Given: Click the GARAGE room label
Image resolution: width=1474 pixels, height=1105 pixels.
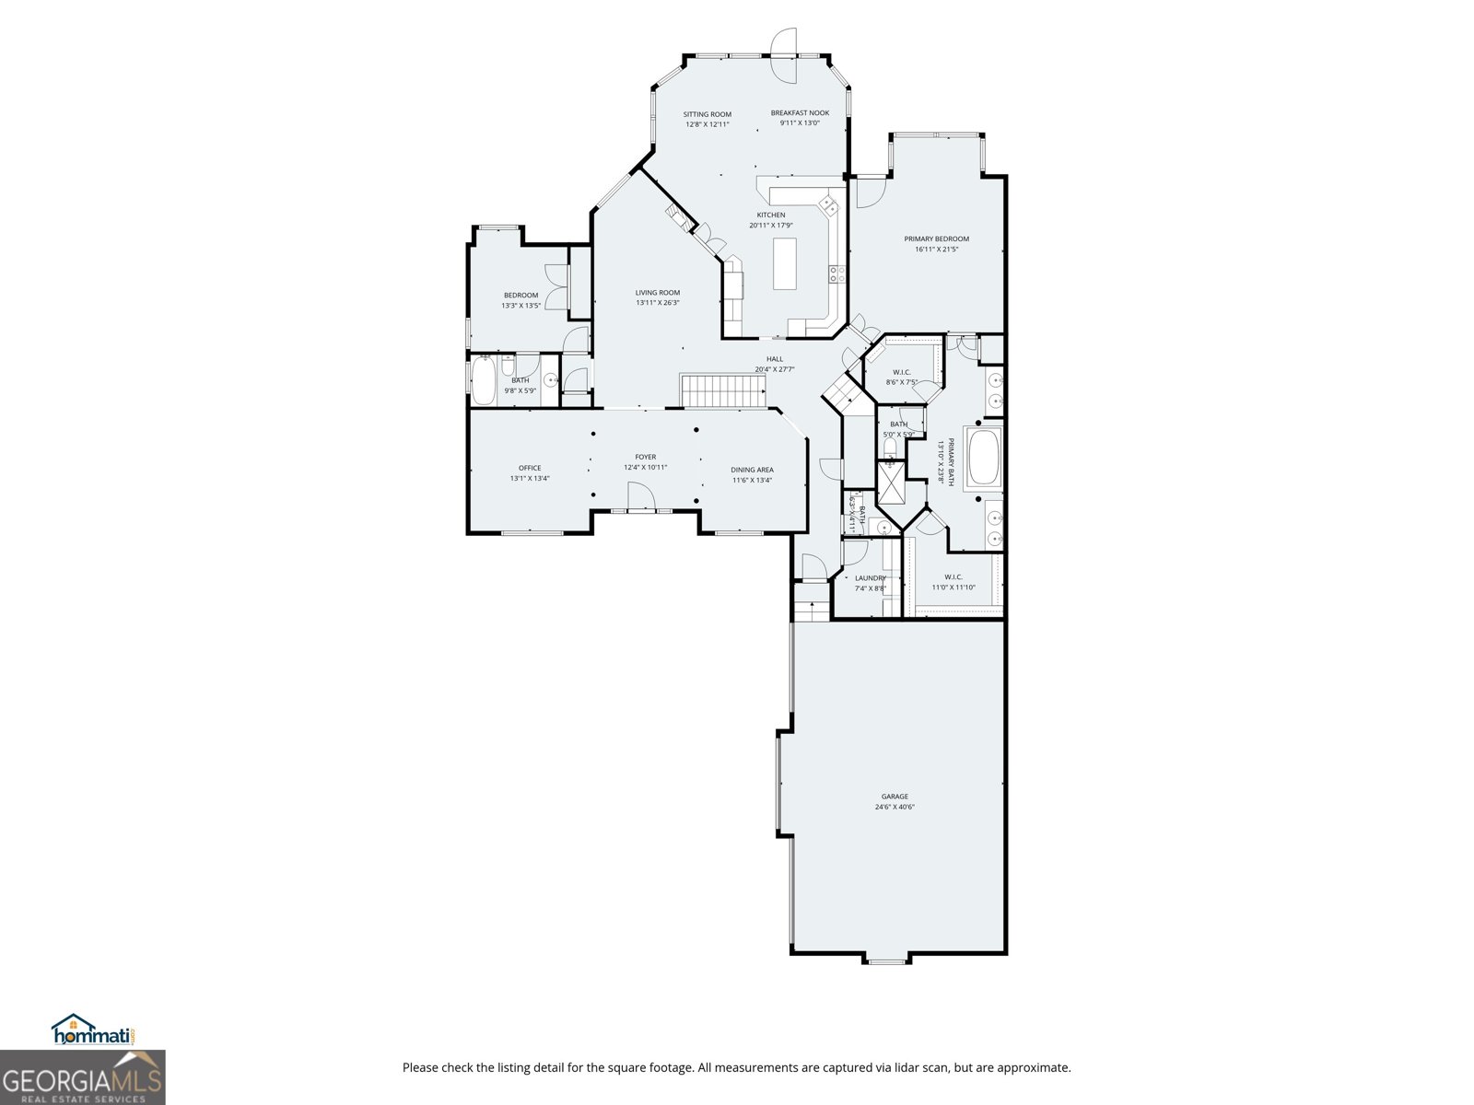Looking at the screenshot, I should click(894, 797).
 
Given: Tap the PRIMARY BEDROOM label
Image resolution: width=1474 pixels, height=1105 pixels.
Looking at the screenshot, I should click(936, 238).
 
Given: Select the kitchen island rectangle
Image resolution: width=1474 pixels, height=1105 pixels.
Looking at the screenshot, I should click(785, 263).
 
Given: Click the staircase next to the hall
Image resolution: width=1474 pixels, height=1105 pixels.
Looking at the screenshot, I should click(723, 390).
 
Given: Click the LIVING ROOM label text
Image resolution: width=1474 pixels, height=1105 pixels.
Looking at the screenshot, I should click(657, 293).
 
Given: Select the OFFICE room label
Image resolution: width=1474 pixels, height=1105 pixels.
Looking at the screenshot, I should click(530, 468).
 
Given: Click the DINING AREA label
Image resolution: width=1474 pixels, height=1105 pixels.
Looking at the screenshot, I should click(752, 470).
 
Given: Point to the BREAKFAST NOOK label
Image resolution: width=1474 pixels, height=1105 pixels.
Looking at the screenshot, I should click(800, 112).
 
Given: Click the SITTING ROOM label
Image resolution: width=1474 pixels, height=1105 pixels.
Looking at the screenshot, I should click(707, 114).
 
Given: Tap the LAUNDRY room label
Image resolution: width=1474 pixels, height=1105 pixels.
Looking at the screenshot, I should click(870, 578).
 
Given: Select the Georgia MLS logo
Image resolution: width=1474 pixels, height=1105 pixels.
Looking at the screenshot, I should click(82, 1076).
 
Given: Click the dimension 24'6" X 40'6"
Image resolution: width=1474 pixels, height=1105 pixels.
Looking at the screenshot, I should click(894, 808).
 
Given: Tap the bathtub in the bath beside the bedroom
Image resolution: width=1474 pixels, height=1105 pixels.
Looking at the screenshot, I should click(483, 380).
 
